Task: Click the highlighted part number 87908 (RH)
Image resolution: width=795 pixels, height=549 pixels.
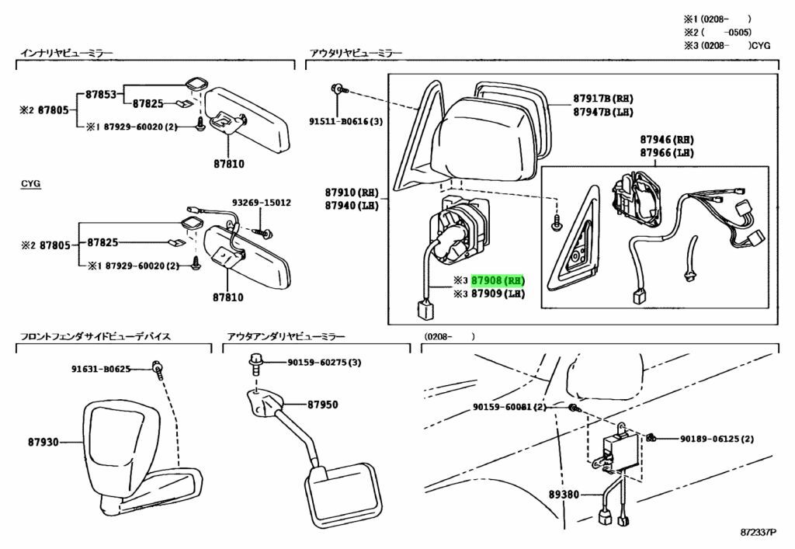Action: [498, 280]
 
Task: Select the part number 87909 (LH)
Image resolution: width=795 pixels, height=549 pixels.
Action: [497, 294]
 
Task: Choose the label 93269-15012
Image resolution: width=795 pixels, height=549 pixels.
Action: [260, 202]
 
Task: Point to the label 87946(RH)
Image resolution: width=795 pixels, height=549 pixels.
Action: [666, 140]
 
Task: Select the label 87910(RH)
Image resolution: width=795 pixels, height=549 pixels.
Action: [351, 192]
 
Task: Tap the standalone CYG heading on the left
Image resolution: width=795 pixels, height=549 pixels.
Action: [31, 184]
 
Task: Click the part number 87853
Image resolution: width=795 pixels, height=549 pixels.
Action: [100, 95]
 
